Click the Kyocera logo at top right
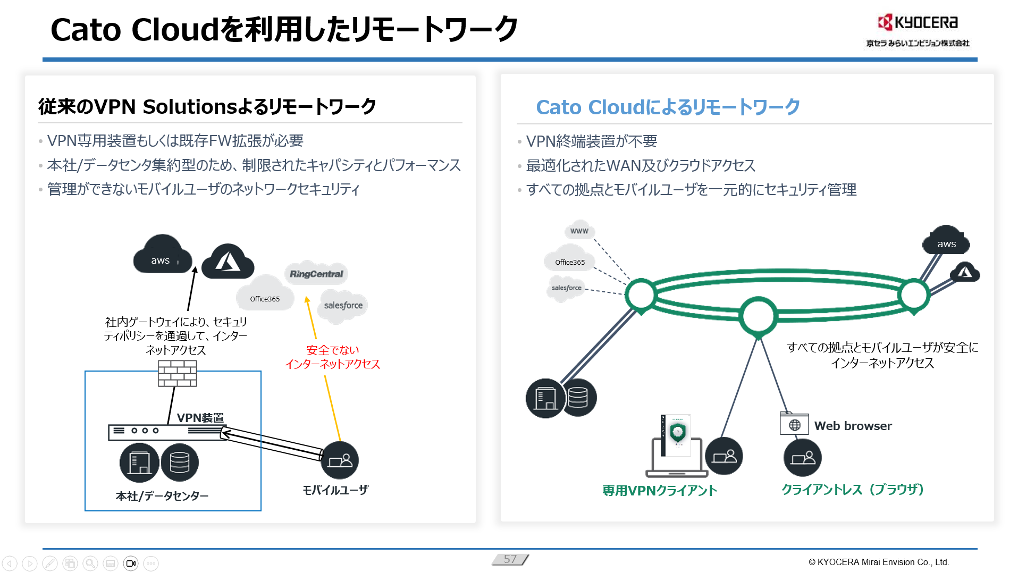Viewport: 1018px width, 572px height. coord(918,23)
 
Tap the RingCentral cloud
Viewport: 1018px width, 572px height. coord(316,274)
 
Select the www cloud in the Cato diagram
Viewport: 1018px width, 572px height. coord(579,231)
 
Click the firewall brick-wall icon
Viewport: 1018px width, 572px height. coord(178,373)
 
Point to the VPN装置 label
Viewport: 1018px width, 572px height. coord(200,418)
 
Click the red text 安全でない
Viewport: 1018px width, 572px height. coord(333,350)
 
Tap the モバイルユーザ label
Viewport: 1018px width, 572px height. coord(335,490)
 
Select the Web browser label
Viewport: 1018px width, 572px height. coord(853,426)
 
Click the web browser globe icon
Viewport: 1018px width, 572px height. coord(794,424)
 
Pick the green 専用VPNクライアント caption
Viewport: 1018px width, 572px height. coord(660,490)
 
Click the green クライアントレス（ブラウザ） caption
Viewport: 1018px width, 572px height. coord(852,489)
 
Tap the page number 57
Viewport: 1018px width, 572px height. coord(510,559)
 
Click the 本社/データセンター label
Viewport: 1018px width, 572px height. coord(162,496)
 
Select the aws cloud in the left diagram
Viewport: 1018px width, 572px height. coord(162,257)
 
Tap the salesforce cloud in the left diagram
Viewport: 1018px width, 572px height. coord(343,306)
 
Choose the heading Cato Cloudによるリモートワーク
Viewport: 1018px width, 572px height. coord(668,107)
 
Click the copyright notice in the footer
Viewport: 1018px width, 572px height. coord(878,562)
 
